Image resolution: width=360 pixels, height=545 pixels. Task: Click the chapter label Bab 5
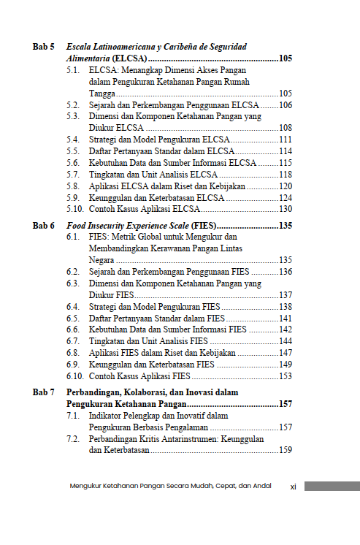tap(43, 46)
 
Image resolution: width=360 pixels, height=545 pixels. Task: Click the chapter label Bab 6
tap(43, 226)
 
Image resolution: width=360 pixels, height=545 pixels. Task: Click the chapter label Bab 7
tap(43, 392)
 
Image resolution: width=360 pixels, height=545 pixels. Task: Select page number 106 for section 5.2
tap(286, 105)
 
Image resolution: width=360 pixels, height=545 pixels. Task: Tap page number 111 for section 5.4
tap(286, 140)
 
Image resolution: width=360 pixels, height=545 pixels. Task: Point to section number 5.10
tap(75, 209)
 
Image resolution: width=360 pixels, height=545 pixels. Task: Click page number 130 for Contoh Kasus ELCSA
tap(286, 209)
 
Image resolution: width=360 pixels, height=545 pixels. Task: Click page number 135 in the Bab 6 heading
tap(286, 226)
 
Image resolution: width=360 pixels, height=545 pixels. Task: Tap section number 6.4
tap(73, 307)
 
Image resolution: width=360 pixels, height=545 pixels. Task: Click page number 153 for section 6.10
tap(286, 376)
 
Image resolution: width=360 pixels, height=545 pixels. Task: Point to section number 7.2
tap(73, 439)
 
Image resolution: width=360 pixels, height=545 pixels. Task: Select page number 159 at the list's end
tap(286, 451)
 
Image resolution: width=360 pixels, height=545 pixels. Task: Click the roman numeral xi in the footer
tap(293, 487)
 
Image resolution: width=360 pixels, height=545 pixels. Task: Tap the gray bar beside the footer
tap(332, 486)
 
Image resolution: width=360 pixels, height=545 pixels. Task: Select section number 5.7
tap(73, 175)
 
